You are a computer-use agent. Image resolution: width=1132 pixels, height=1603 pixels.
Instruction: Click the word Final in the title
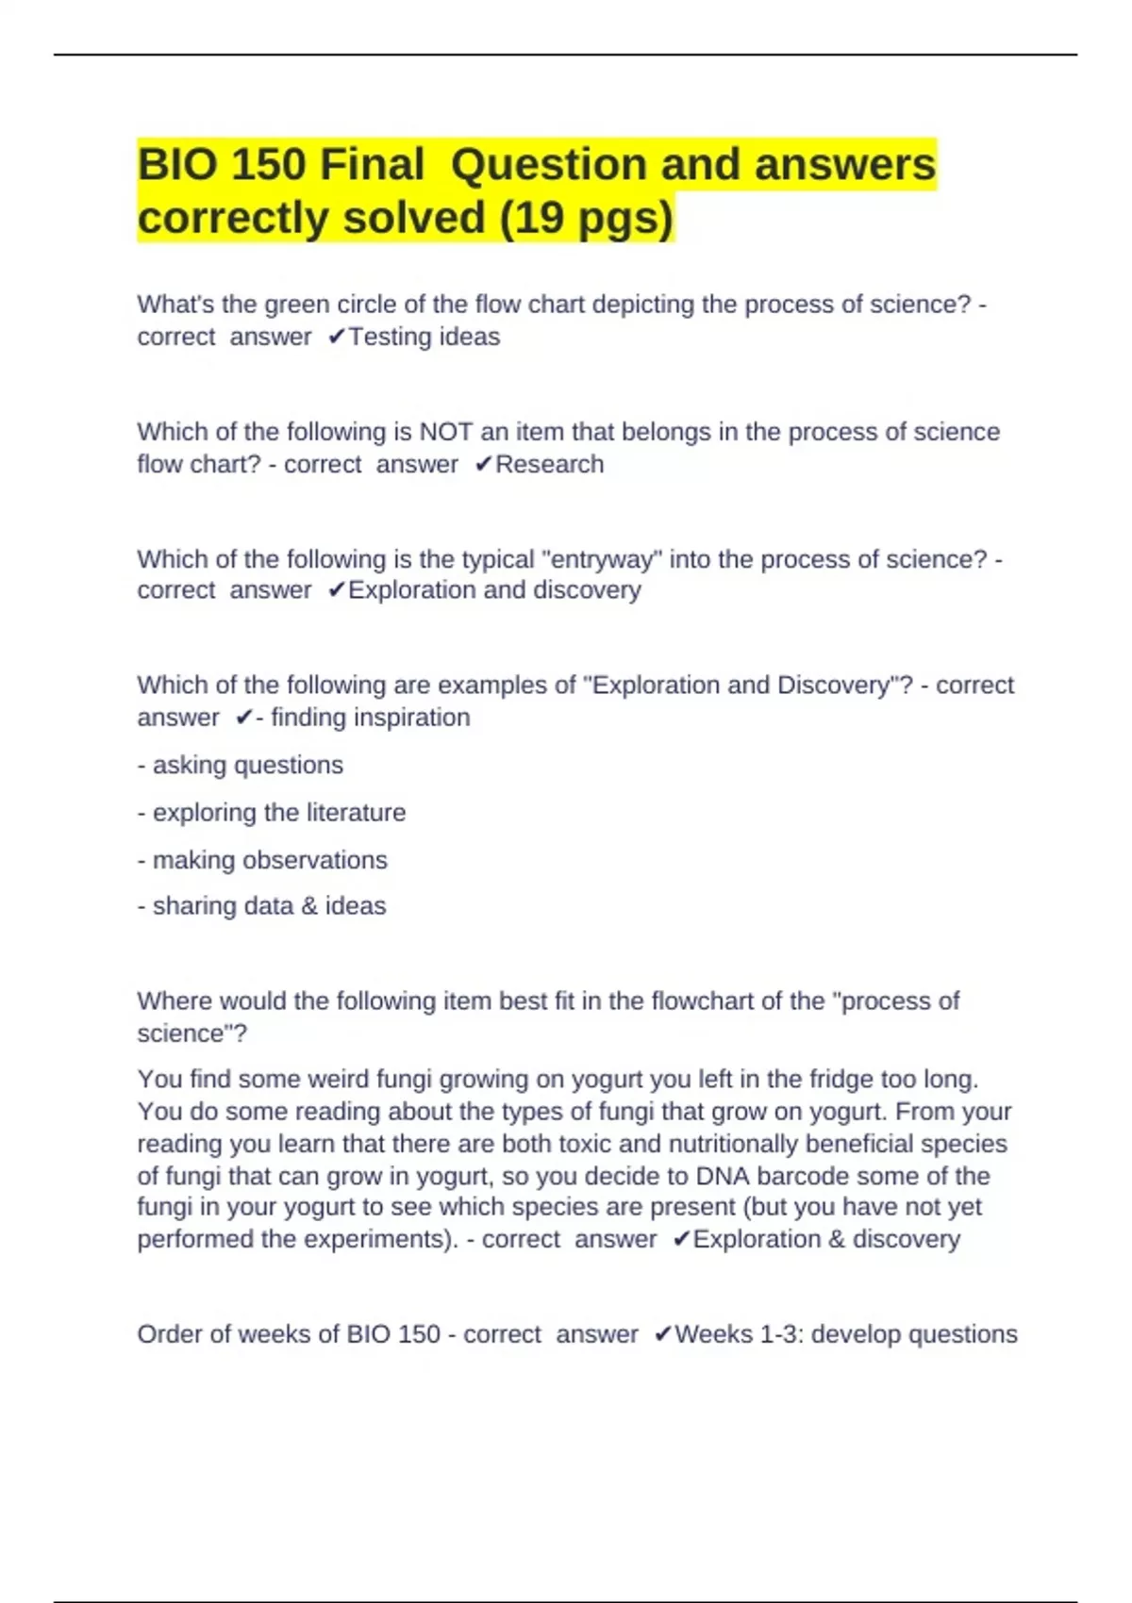(x=372, y=165)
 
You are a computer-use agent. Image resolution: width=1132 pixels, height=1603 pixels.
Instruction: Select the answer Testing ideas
(x=424, y=337)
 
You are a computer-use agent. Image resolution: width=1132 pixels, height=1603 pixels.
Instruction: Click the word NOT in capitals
(x=446, y=432)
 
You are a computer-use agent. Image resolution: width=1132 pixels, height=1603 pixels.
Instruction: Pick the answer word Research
(x=549, y=464)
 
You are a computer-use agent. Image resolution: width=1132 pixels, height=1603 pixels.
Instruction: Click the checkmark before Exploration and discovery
(x=336, y=590)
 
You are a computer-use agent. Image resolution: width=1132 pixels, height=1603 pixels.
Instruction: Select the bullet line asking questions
(x=241, y=765)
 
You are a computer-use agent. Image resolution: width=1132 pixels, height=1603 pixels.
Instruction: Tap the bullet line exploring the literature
(x=272, y=812)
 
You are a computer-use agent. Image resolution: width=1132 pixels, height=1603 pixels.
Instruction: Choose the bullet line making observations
(x=262, y=860)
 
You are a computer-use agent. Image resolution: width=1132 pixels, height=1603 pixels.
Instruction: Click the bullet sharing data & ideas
(x=262, y=905)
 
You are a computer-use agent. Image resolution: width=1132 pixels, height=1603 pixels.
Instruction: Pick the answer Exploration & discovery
(x=826, y=1239)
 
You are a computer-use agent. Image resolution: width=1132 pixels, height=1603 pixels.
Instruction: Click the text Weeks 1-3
(x=735, y=1334)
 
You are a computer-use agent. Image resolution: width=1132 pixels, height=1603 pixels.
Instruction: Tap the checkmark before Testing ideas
(x=336, y=337)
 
